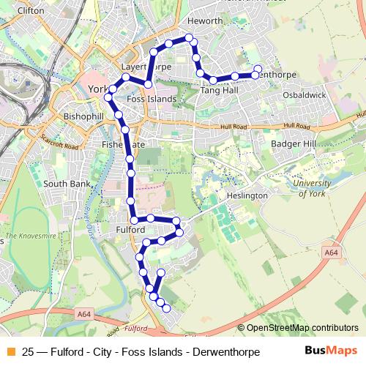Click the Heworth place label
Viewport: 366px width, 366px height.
pos(205,20)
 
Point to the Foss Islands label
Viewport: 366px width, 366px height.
pos(152,98)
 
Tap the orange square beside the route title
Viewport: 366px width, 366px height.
pos(9,351)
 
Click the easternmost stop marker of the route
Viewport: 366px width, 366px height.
pos(257,70)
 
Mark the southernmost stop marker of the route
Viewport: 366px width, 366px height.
pos(167,309)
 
